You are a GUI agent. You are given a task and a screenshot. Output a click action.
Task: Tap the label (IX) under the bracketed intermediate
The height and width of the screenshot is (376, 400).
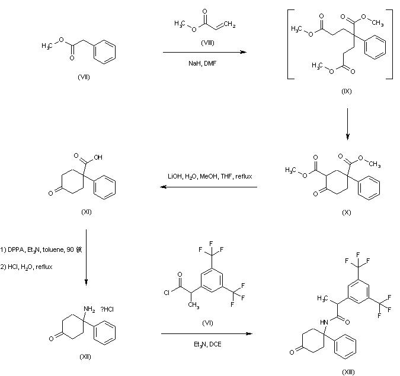(x=347, y=92)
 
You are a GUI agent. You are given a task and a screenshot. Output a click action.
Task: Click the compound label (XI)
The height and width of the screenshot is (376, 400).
(x=87, y=212)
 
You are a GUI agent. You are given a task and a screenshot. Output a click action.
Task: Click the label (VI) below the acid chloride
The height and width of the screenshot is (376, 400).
(x=207, y=322)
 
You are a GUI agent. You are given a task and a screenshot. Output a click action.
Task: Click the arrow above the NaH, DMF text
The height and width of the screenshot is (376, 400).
(x=204, y=53)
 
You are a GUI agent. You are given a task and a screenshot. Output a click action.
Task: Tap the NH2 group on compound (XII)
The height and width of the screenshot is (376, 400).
(x=90, y=309)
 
